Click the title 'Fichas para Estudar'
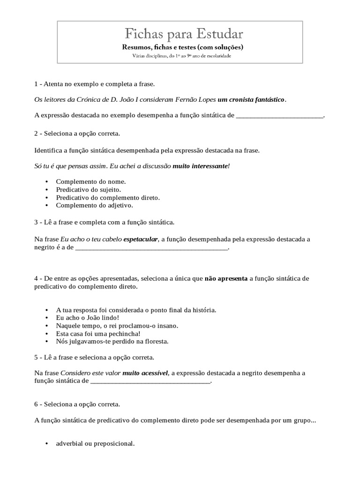click(x=183, y=34)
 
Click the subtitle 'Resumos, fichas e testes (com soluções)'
click(x=183, y=47)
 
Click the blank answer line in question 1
click(x=279, y=115)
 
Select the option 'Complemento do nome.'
click(x=91, y=181)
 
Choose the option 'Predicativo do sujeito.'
click(x=89, y=189)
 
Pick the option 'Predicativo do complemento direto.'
click(x=108, y=197)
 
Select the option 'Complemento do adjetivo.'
click(x=94, y=205)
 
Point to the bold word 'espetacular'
click(x=141, y=240)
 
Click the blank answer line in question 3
click(x=151, y=248)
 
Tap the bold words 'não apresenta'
click(x=226, y=278)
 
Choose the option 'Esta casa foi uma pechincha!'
click(x=98, y=334)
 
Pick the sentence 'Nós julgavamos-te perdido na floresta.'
click(x=112, y=342)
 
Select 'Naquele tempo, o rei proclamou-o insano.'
click(x=117, y=326)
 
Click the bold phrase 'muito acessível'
click(x=145, y=373)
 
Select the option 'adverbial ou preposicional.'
click(x=95, y=443)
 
